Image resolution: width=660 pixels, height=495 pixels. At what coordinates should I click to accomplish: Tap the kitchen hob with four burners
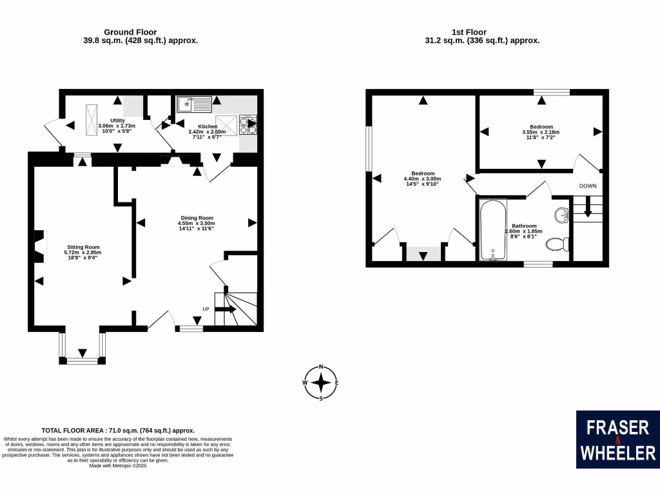click(247, 125)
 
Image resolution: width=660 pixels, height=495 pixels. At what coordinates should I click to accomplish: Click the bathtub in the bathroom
click(492, 229)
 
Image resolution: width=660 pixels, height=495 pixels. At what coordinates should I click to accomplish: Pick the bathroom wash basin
click(561, 215)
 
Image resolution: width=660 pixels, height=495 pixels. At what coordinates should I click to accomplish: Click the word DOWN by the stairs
click(588, 186)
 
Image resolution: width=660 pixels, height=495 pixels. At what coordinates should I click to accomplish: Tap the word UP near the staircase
click(206, 309)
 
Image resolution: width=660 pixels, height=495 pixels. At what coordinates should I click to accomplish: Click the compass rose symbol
click(320, 383)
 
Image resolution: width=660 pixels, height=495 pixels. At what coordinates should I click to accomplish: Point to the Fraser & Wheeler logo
click(617, 440)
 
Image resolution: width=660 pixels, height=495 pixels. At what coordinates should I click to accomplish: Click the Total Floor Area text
click(118, 431)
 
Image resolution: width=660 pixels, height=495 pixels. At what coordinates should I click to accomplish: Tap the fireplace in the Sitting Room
click(40, 247)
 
